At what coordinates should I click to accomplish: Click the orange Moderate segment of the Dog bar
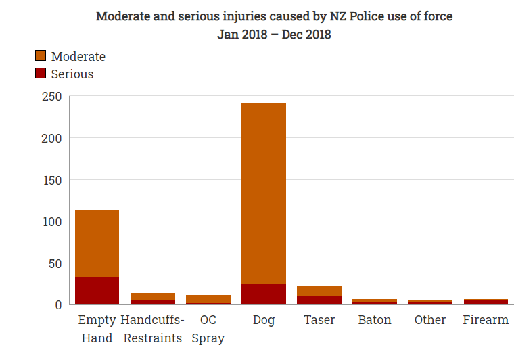[x=264, y=193]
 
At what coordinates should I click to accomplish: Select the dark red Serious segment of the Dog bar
[x=264, y=294]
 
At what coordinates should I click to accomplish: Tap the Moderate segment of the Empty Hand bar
[x=97, y=244]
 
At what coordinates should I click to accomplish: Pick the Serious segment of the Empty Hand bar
[x=97, y=291]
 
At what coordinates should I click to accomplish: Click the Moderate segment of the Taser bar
[x=319, y=291]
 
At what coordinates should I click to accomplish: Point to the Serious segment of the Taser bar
[x=319, y=300]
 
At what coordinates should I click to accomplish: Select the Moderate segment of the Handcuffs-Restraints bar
[x=152, y=296]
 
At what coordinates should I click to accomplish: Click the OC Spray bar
[x=208, y=299]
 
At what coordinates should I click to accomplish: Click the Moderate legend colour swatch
[x=41, y=56]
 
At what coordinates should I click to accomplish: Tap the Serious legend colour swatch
[x=41, y=74]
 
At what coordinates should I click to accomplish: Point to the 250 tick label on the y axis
[x=51, y=97]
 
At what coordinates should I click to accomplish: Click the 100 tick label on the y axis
[x=51, y=221]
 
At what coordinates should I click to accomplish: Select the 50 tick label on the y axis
[x=55, y=263]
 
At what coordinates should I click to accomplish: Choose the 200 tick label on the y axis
[x=51, y=139]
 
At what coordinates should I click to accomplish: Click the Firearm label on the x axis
[x=486, y=320]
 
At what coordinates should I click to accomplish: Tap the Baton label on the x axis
[x=375, y=320]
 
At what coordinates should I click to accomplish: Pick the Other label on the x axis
[x=430, y=320]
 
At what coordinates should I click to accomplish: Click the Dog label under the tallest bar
[x=264, y=320]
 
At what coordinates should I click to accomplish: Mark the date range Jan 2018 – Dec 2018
[x=274, y=34]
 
